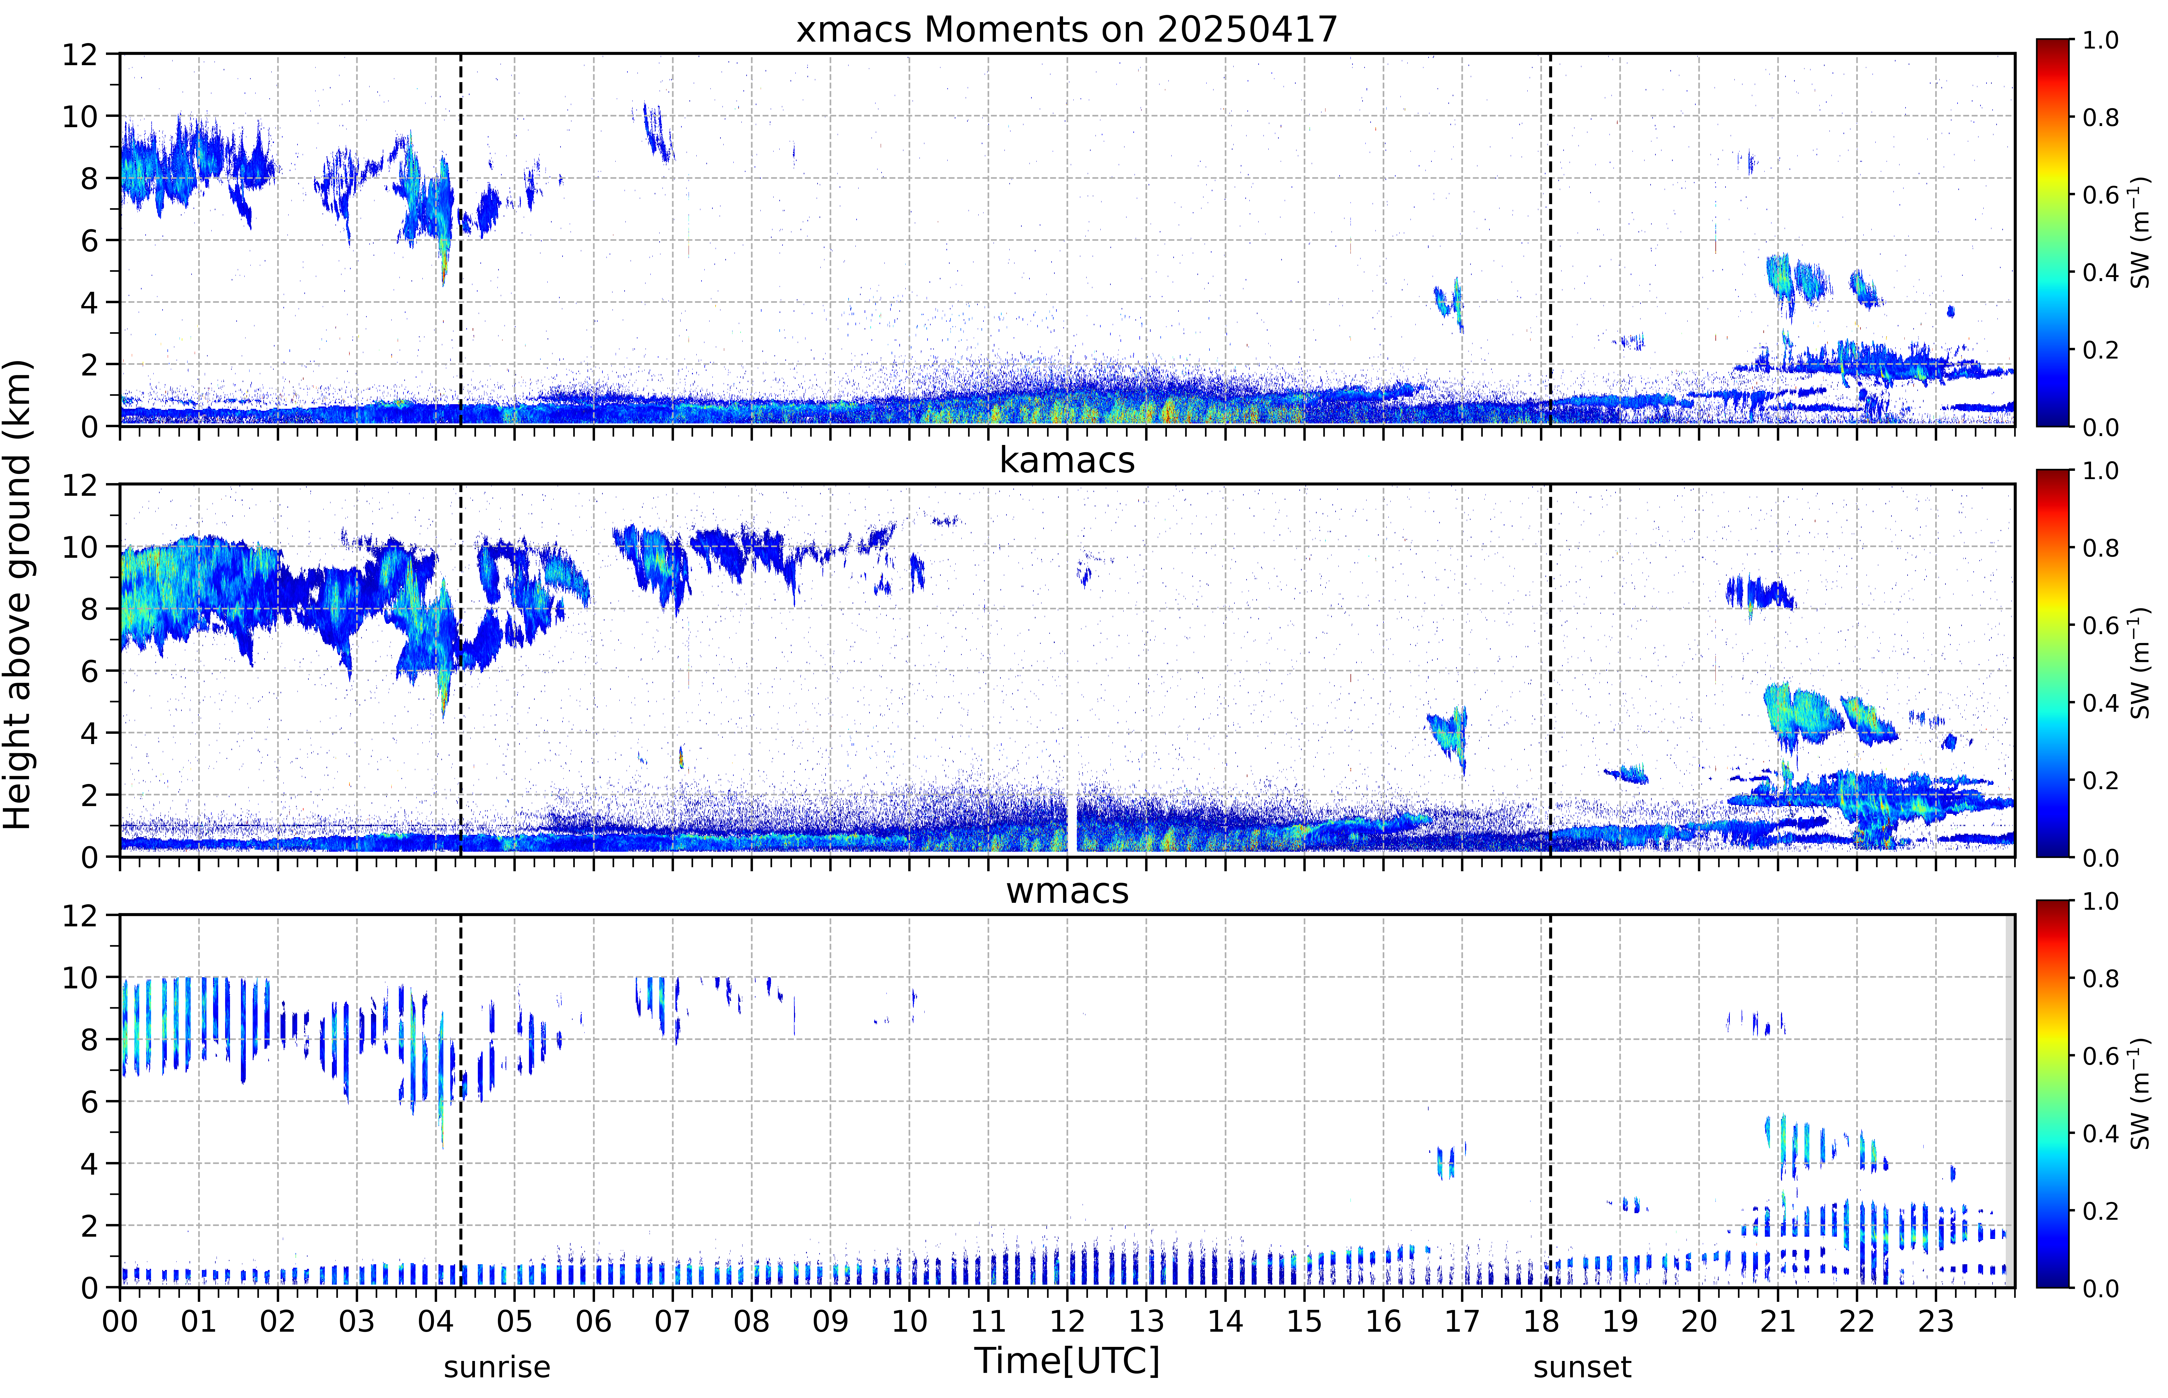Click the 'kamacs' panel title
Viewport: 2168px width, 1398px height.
point(1067,460)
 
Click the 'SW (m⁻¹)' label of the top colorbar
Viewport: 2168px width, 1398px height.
point(2140,233)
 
